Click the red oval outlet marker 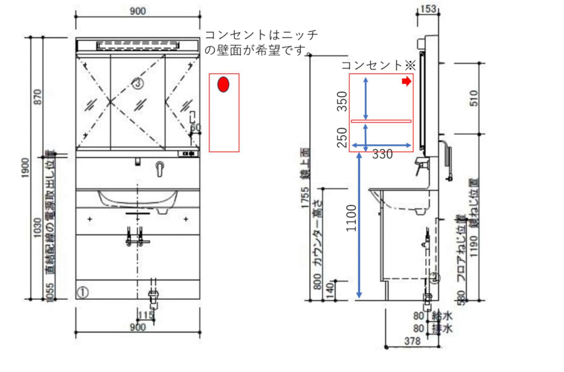pyautogui.click(x=223, y=84)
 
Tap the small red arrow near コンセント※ pyautogui.click(x=406, y=82)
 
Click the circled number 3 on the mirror pyautogui.click(x=138, y=83)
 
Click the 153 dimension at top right pyautogui.click(x=428, y=8)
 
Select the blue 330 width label pyautogui.click(x=382, y=154)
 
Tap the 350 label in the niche pyautogui.click(x=342, y=101)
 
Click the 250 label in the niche pyautogui.click(x=342, y=137)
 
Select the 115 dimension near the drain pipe pyautogui.click(x=146, y=315)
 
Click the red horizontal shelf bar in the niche pyautogui.click(x=381, y=121)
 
